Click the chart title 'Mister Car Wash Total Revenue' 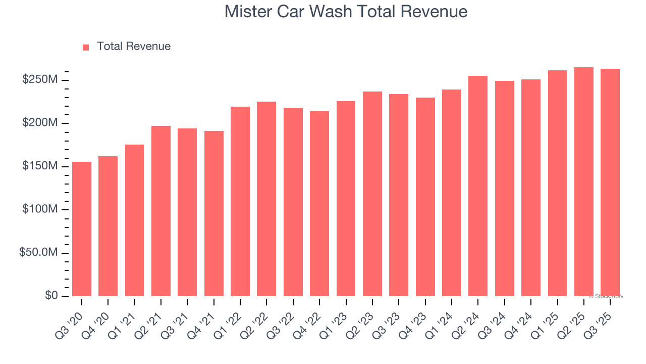click(x=346, y=11)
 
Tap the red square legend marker click(x=86, y=47)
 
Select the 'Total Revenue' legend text click(x=134, y=47)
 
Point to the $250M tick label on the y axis click(x=40, y=80)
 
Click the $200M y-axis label click(x=40, y=123)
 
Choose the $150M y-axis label click(x=40, y=166)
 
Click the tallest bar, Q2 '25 click(x=584, y=181)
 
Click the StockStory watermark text click(x=606, y=296)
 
